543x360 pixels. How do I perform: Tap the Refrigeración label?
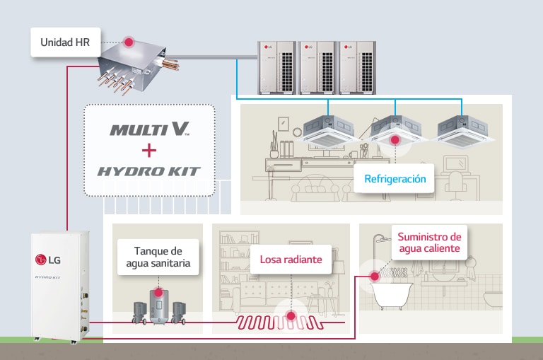(395, 179)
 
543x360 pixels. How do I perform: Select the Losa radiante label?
(291, 260)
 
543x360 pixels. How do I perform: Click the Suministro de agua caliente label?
(429, 243)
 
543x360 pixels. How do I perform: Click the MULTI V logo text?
(149, 130)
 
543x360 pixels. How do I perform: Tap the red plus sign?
(149, 151)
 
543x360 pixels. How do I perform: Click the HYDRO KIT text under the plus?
(149, 171)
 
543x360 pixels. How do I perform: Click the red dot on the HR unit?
(129, 42)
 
